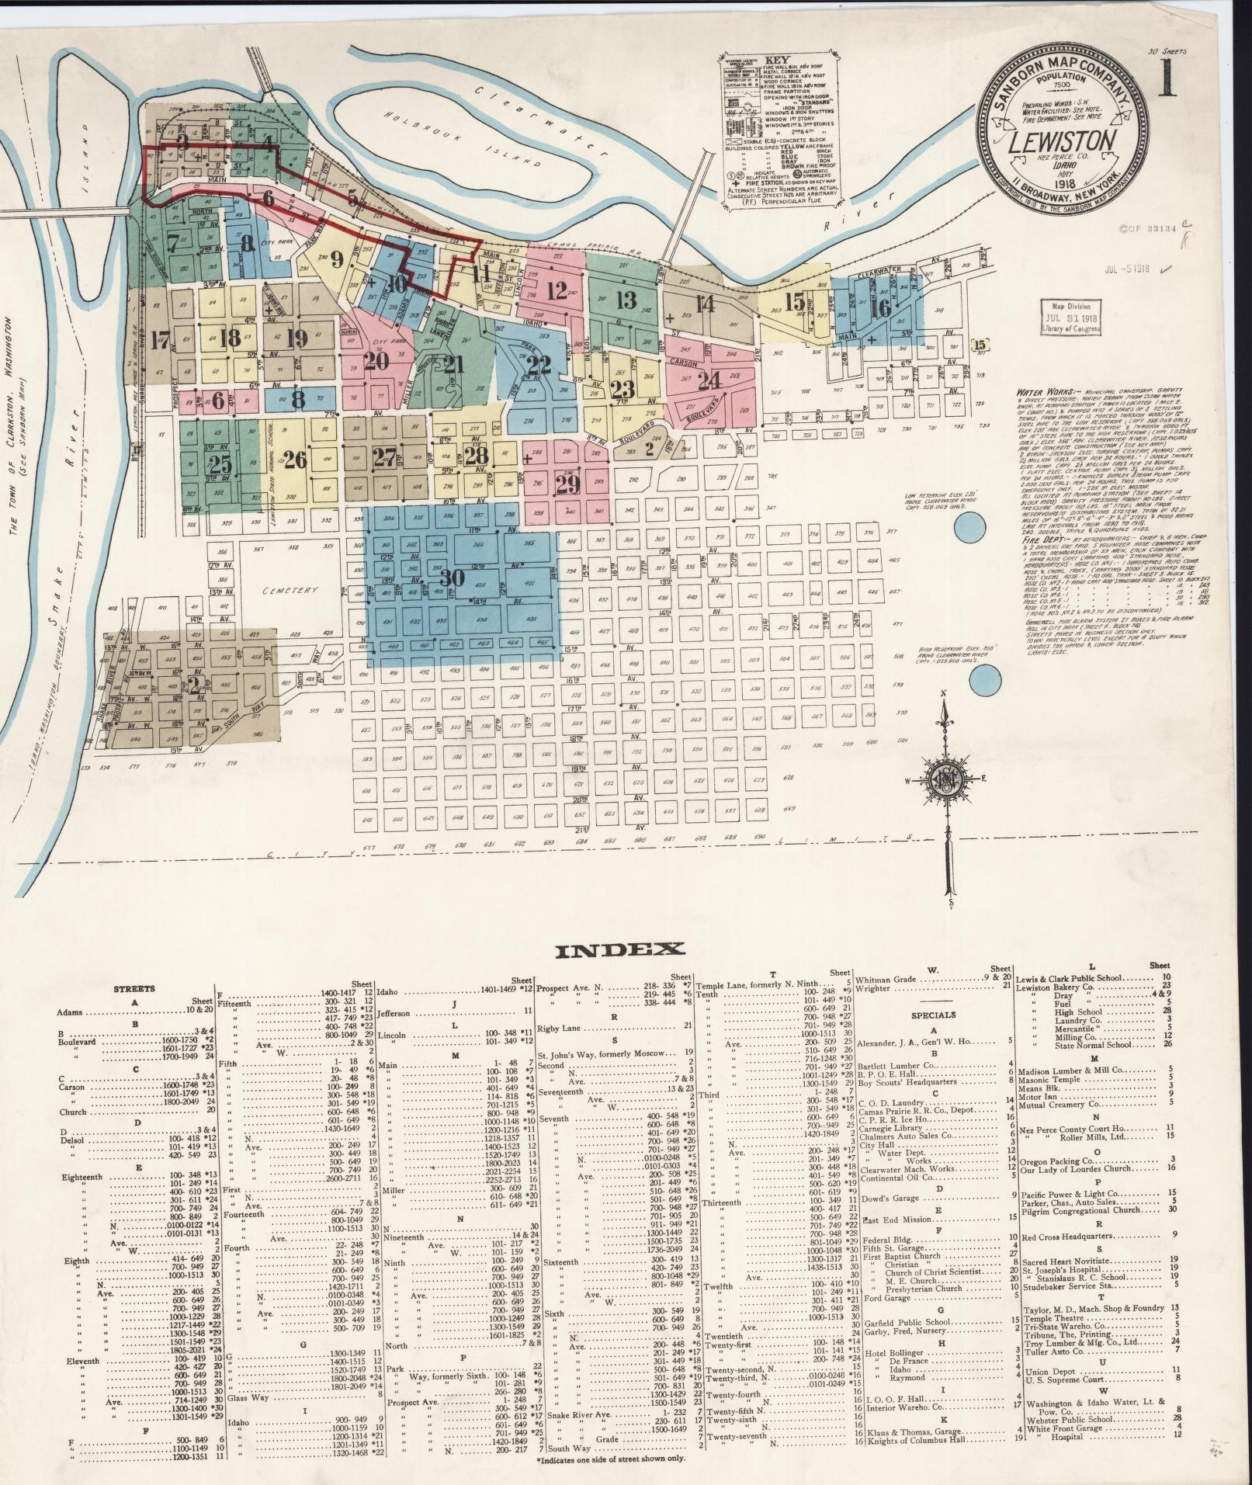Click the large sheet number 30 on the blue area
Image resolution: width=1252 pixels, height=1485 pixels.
[453, 578]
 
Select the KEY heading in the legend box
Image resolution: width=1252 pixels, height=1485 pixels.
[777, 59]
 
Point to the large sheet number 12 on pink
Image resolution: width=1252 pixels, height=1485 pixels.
[556, 291]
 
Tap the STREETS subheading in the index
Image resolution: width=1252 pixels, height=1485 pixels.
[134, 989]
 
